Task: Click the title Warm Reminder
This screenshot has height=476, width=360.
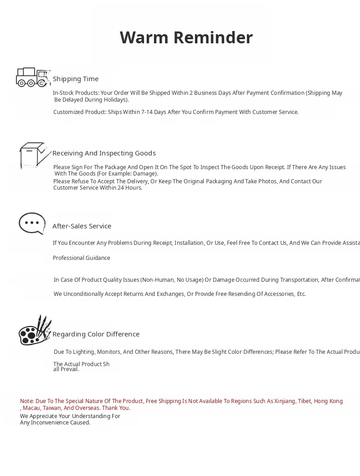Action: [186, 37]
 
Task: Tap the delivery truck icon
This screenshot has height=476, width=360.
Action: [32, 77]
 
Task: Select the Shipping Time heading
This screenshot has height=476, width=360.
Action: [76, 79]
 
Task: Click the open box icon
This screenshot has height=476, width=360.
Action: [34, 156]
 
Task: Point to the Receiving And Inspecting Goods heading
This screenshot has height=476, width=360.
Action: [104, 153]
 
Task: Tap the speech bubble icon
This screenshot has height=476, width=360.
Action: [32, 223]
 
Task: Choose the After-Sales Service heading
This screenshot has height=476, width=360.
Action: [82, 226]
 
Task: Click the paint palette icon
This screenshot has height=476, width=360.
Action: [34, 331]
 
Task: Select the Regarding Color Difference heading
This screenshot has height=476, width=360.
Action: [96, 334]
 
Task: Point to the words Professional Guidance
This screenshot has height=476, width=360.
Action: [81, 258]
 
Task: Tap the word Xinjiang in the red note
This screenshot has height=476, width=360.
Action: [284, 401]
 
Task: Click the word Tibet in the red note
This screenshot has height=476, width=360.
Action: [304, 401]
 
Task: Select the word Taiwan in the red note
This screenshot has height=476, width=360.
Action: [52, 408]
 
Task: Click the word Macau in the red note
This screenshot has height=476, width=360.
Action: [31, 408]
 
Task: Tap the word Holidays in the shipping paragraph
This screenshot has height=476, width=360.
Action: [115, 100]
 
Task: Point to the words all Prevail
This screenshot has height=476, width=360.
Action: [66, 369]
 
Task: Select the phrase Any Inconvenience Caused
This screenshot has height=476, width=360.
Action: [55, 423]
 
